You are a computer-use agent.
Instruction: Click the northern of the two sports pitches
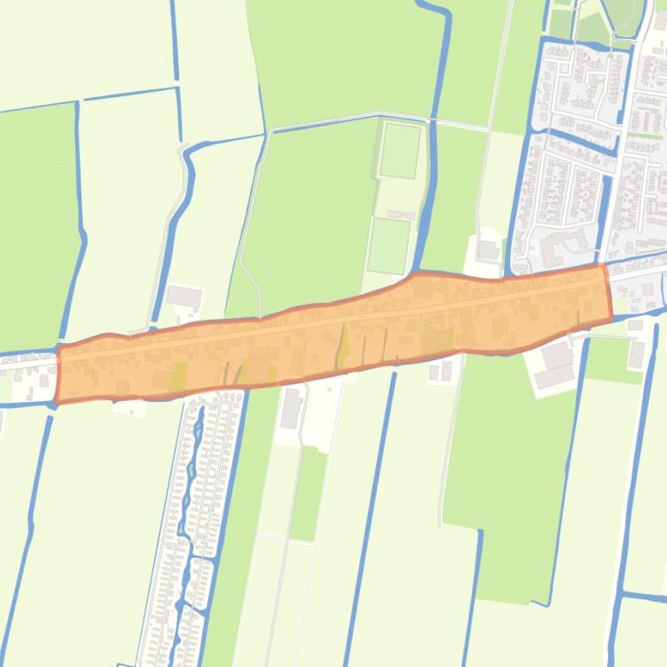tap(400, 151)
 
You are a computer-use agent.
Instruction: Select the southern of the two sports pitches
tap(388, 245)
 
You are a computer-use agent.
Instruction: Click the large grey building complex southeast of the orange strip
tap(555, 365)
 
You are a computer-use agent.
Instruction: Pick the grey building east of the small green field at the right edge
tap(638, 353)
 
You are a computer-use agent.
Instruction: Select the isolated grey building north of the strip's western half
tap(184, 297)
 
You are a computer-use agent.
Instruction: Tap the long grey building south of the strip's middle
tap(291, 408)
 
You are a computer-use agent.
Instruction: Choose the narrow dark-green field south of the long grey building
tap(308, 494)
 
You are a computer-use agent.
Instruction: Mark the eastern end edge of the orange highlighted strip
tap(608, 292)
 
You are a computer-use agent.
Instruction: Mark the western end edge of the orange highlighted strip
tap(58, 374)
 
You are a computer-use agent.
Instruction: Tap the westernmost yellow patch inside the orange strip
tap(178, 376)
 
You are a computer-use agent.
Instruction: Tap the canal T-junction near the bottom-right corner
tap(622, 595)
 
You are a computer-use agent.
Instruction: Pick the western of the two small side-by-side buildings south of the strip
tap(434, 371)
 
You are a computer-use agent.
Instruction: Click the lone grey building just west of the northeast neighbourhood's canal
tap(488, 250)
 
